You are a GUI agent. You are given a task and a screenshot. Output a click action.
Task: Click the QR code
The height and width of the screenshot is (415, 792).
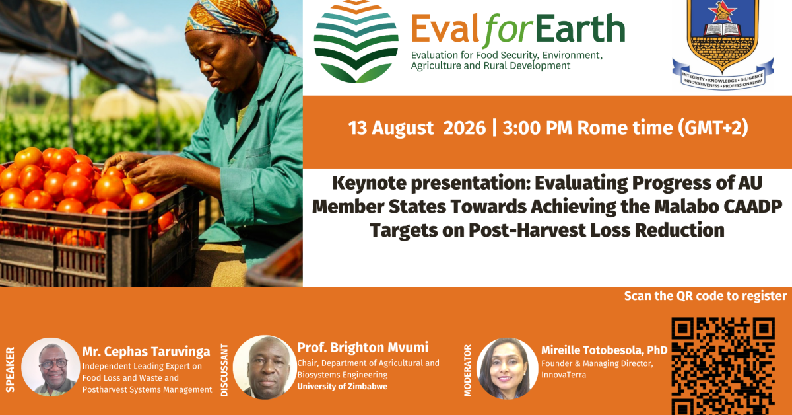click(723, 366)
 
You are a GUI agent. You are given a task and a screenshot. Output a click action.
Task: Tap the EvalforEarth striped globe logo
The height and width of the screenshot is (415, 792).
click(356, 42)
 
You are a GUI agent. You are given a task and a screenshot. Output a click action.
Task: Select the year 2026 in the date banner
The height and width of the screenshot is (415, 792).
click(464, 128)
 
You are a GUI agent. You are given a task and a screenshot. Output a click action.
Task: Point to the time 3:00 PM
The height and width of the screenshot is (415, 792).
click(537, 128)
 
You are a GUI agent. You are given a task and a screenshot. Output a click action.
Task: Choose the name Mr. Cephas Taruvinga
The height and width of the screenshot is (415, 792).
click(146, 352)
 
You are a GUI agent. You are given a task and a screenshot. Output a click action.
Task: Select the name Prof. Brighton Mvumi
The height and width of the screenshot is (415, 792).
click(362, 348)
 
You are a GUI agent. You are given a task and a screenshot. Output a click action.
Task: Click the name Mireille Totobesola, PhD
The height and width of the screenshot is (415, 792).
click(605, 350)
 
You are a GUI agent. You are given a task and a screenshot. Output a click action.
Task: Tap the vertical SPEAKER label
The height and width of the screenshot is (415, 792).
click(11, 369)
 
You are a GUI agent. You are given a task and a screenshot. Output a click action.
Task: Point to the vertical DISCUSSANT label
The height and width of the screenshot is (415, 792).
click(224, 369)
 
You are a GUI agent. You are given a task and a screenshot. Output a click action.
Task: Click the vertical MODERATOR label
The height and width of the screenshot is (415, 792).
click(467, 370)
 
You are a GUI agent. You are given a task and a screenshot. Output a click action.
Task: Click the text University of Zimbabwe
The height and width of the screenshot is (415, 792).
click(343, 387)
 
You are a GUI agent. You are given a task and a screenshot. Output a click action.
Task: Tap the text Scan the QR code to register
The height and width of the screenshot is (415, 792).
click(706, 296)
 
